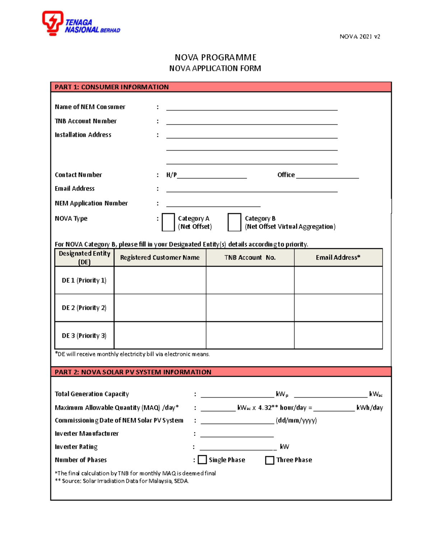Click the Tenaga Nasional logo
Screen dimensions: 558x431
click(81, 23)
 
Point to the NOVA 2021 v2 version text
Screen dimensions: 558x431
click(360, 37)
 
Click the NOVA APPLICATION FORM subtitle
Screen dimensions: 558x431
click(215, 68)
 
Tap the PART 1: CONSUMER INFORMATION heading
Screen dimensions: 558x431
click(112, 87)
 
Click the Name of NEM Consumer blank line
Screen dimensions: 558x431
click(251, 107)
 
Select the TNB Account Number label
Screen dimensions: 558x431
click(85, 121)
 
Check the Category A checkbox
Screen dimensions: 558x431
click(168, 222)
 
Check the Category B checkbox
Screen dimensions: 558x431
click(234, 222)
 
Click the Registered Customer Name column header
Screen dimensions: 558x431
click(160, 258)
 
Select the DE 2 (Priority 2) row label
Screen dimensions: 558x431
click(84, 308)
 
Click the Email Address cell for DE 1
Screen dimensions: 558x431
click(338, 280)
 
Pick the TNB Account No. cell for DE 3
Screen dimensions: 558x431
click(250, 336)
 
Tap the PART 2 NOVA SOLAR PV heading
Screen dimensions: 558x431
click(133, 372)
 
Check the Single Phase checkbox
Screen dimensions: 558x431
click(203, 460)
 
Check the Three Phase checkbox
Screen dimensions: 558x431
click(269, 460)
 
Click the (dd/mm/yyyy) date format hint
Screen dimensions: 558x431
click(296, 420)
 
